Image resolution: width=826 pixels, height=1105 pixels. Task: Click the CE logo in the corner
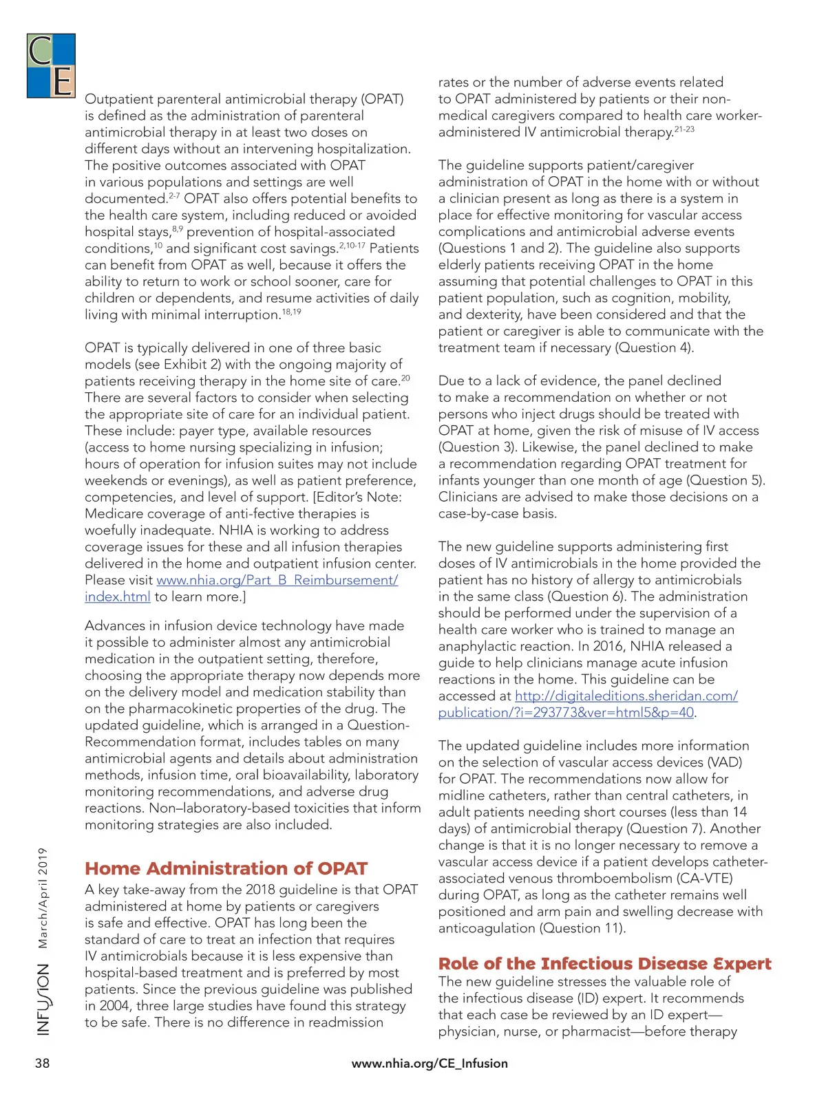51,66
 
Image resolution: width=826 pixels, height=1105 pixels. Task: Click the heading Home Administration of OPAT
226,868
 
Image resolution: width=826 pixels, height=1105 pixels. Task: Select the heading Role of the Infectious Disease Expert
604,963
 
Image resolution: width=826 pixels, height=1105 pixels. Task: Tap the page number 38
43,1063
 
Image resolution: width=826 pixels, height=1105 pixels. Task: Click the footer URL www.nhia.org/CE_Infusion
430,1063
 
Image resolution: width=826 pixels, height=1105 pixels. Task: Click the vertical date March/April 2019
43,898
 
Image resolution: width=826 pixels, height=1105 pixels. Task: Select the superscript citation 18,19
291,312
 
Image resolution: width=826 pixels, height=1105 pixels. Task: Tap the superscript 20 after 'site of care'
405,378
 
